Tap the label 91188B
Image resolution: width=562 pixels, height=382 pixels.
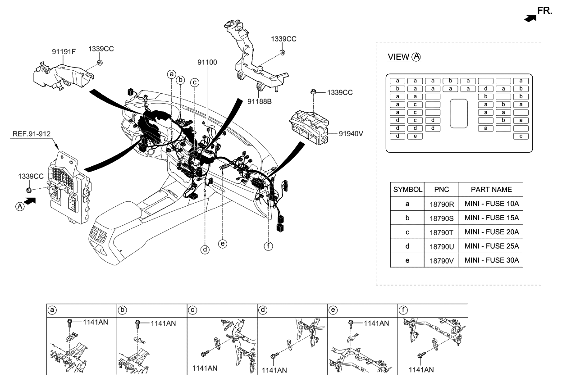coord(260,101)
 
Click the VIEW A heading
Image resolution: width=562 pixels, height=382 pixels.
coord(404,57)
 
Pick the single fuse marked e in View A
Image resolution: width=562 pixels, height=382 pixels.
coord(415,136)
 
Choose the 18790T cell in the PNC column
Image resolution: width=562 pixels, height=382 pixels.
coord(441,232)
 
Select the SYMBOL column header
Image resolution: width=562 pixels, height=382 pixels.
coord(407,189)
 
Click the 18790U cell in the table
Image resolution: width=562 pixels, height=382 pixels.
coord(441,246)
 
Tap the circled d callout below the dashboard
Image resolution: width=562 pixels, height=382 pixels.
coord(205,249)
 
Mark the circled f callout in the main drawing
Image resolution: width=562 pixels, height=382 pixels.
coord(269,246)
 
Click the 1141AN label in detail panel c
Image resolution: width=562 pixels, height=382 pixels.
coord(205,368)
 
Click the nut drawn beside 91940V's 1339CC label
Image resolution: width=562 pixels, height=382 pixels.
coord(313,93)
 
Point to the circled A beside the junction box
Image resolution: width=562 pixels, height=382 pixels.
coord(19,207)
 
